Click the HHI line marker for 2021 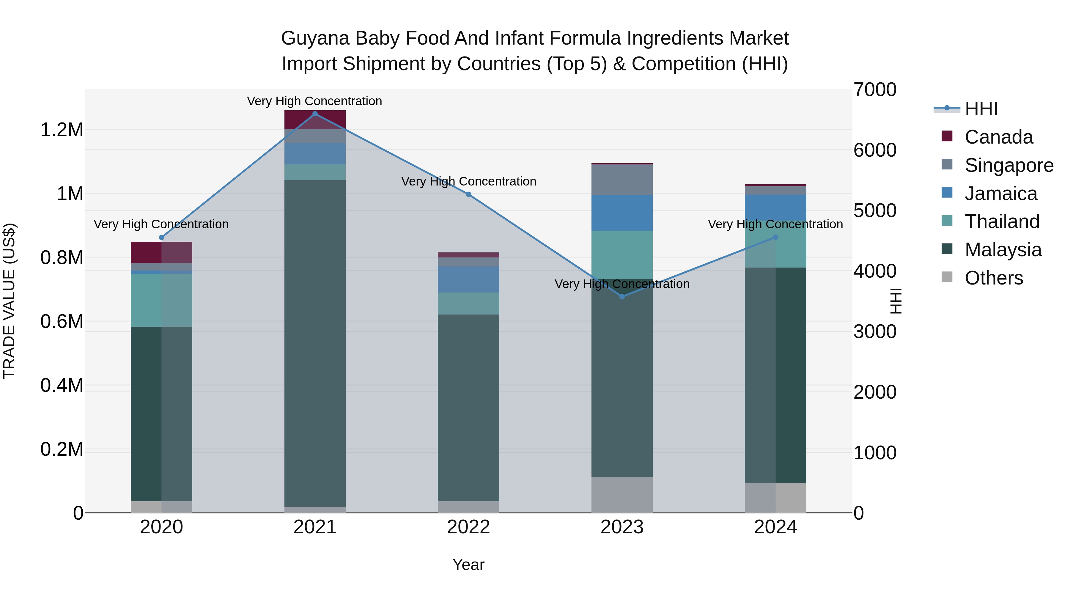pos(315,114)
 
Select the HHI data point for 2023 pos(622,297)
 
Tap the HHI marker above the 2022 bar pos(468,194)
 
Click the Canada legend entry pos(999,137)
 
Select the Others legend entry pos(994,278)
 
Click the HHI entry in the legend pos(981,109)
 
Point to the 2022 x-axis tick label pos(468,527)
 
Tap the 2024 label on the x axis pos(775,527)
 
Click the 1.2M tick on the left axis pos(62,130)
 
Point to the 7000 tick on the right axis pos(875,90)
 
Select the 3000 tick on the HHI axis pos(875,331)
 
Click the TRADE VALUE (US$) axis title pos(10,301)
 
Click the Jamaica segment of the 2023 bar pos(622,213)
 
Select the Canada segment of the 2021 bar pos(315,120)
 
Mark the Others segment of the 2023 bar pos(622,494)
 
